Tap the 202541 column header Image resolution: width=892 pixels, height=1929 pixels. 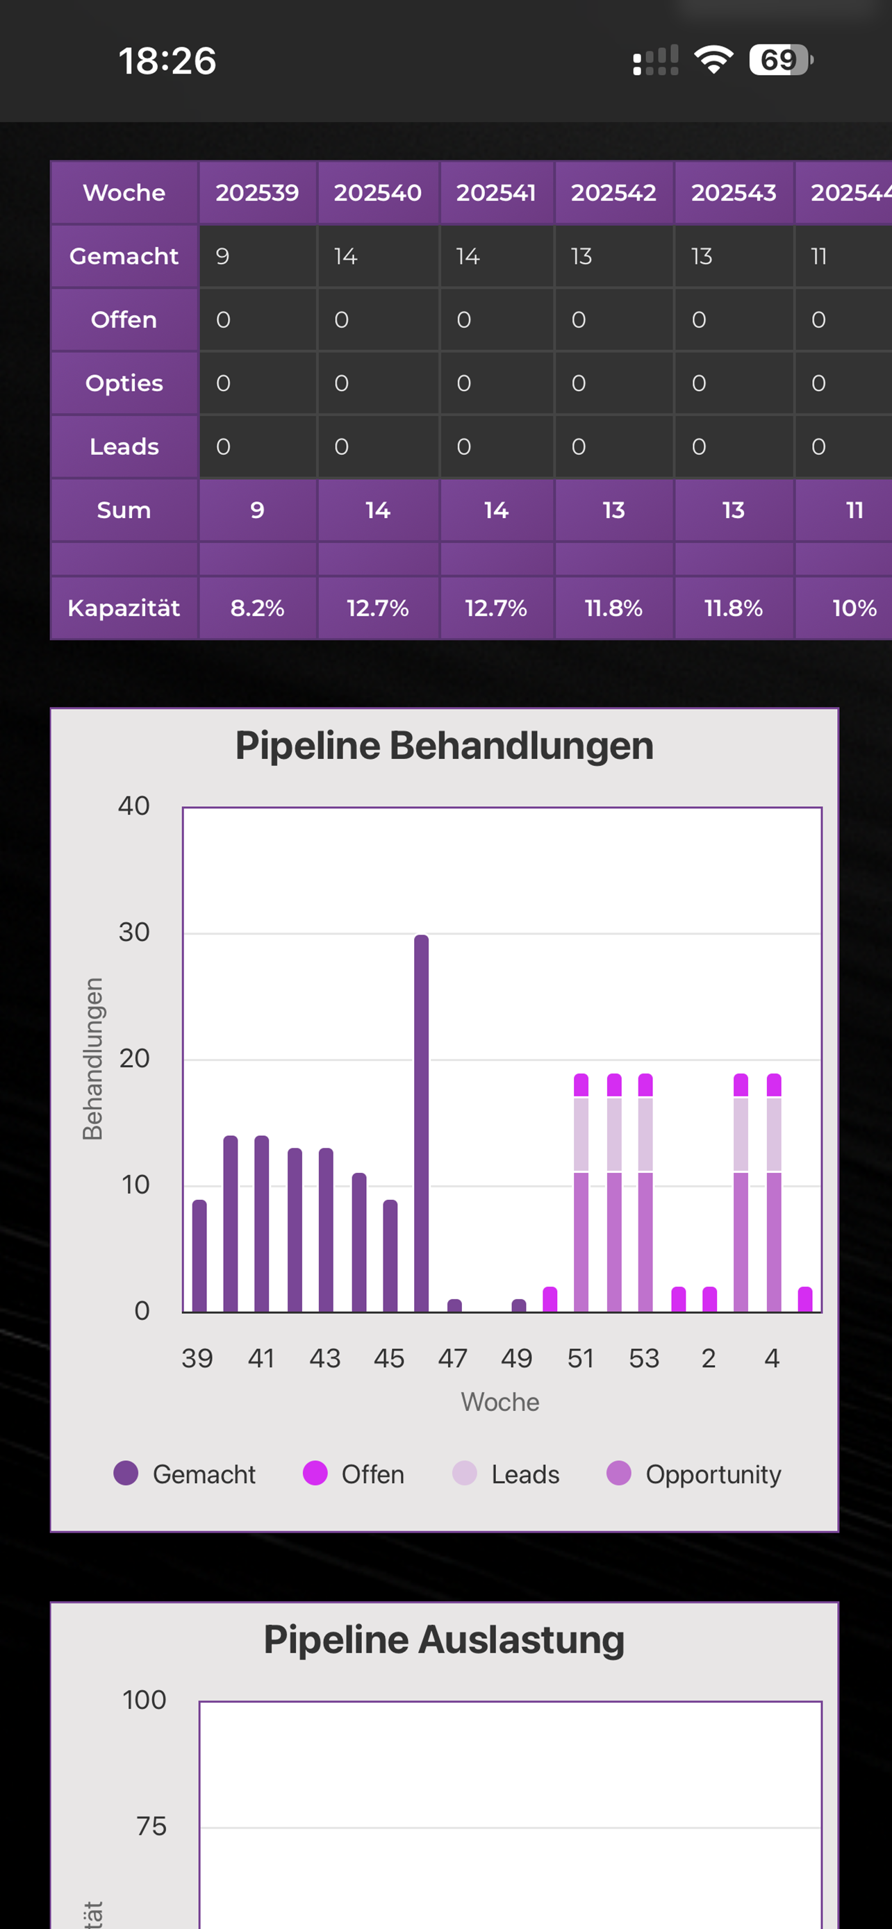coord(496,192)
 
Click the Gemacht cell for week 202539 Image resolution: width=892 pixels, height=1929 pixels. coord(257,256)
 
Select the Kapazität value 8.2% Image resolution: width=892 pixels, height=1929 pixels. coord(257,608)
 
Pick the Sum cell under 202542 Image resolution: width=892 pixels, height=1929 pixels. coord(613,510)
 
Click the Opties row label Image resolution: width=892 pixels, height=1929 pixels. coord(124,383)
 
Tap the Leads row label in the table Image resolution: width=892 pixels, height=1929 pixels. coord(124,446)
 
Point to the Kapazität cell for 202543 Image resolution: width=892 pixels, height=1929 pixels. coord(733,608)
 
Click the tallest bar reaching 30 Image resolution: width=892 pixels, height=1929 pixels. coord(422,1124)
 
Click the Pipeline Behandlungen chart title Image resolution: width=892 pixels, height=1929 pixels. coord(444,746)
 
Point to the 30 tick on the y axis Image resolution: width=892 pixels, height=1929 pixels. coord(134,933)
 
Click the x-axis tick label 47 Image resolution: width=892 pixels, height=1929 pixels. coord(453,1358)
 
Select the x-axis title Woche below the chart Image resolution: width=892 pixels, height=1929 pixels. coord(499,1402)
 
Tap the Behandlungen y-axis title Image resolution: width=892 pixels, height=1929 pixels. coord(92,1059)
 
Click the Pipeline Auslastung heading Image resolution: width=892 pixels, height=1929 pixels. coord(444,1640)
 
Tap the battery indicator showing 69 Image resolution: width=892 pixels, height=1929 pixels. coord(780,60)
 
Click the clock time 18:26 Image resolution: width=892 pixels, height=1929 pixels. coord(167,60)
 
